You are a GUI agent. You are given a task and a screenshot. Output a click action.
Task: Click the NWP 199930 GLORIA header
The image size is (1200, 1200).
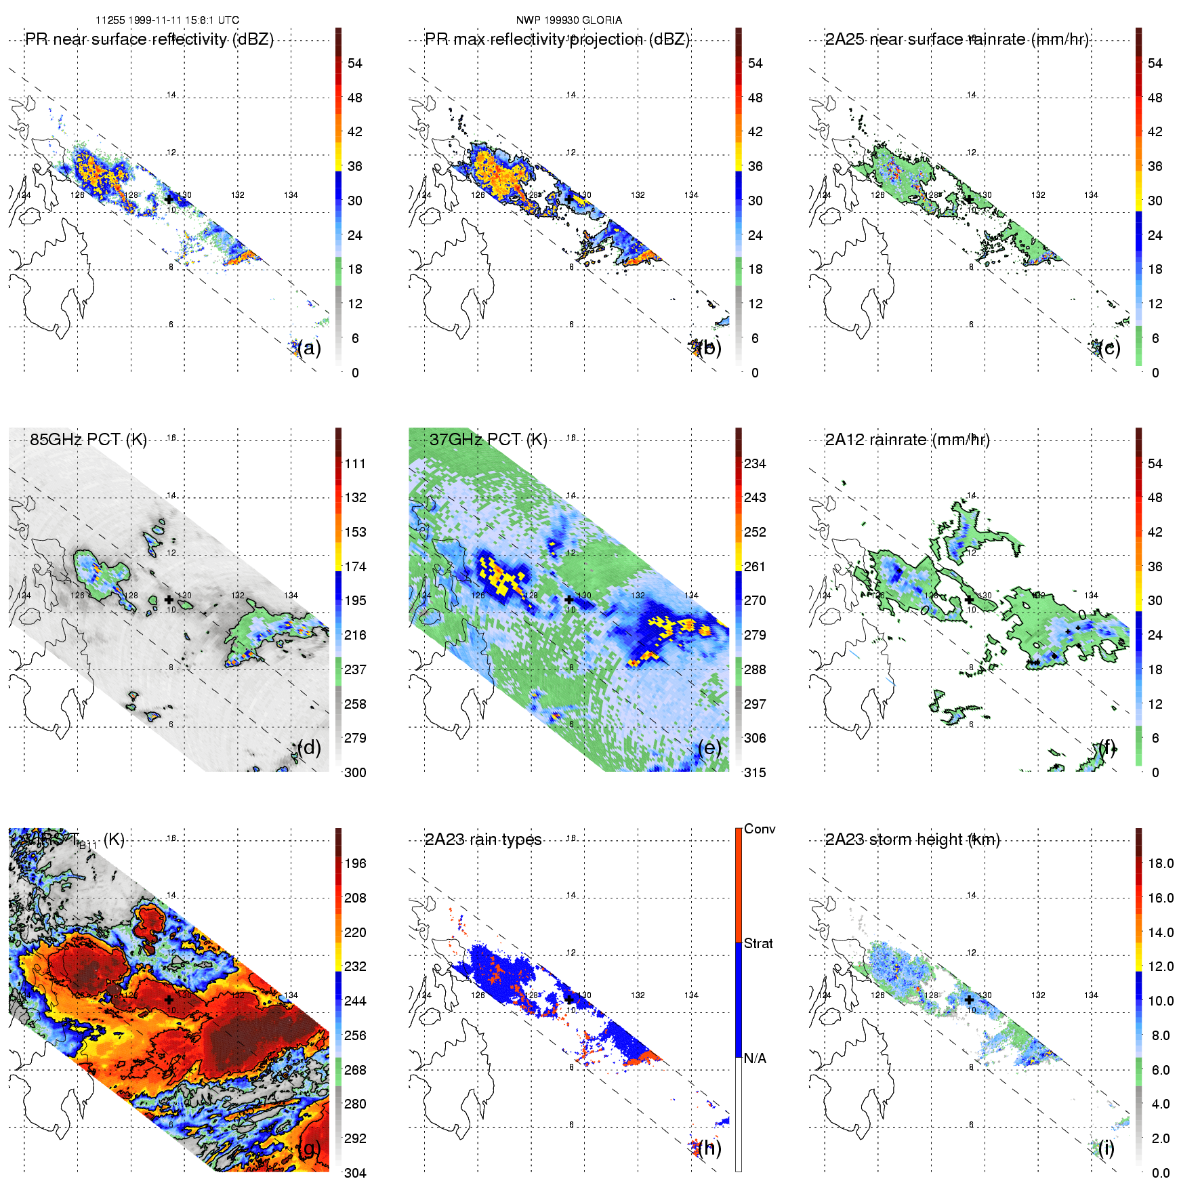pyautogui.click(x=568, y=20)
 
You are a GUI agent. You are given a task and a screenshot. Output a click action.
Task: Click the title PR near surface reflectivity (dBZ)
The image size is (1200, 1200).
pyautogui.click(x=149, y=39)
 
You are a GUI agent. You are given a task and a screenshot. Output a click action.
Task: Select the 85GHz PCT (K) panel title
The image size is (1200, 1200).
pyautogui.click(x=88, y=439)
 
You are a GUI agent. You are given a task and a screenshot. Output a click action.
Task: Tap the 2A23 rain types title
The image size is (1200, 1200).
pyautogui.click(x=483, y=840)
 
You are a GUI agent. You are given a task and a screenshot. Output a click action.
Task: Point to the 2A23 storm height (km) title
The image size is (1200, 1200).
pyautogui.click(x=912, y=840)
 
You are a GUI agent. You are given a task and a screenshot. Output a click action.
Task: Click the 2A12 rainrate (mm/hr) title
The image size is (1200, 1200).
pyautogui.click(x=907, y=440)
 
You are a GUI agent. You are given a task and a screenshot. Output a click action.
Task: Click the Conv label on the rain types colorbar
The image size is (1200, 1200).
pyautogui.click(x=759, y=829)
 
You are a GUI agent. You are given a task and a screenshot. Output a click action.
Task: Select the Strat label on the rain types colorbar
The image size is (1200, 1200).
pyautogui.click(x=758, y=943)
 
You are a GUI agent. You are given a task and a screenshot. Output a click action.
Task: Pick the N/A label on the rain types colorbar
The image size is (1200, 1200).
pyautogui.click(x=755, y=1058)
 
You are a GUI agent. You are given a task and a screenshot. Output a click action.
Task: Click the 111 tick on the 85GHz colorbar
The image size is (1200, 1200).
pyautogui.click(x=355, y=463)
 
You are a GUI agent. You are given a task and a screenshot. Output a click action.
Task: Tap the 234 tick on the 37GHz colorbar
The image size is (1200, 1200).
pyautogui.click(x=755, y=463)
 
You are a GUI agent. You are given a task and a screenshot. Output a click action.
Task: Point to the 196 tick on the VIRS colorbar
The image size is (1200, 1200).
pyautogui.click(x=355, y=863)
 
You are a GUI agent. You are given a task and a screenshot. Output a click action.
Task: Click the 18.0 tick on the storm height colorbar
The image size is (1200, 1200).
pyautogui.click(x=1160, y=863)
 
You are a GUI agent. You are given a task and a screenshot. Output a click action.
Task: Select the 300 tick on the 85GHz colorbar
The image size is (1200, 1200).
pyautogui.click(x=355, y=772)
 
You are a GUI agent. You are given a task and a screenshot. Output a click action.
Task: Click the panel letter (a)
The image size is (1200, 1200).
pyautogui.click(x=309, y=348)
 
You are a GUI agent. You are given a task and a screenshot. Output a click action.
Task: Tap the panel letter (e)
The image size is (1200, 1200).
pyautogui.click(x=709, y=747)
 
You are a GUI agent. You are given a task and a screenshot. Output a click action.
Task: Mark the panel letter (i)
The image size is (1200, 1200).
pyautogui.click(x=1106, y=1148)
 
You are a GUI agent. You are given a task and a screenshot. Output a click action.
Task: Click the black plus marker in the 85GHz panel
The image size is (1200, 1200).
pyautogui.click(x=169, y=599)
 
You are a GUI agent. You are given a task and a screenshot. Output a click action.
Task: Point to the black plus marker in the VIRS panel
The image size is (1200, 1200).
pyautogui.click(x=169, y=999)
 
